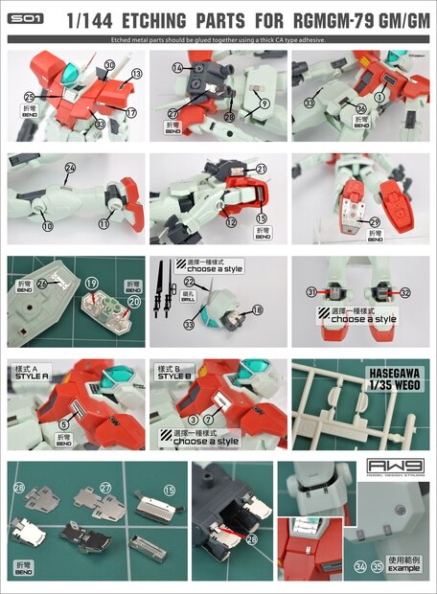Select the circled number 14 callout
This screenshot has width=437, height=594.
pos(177,68)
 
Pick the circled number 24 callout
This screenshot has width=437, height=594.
pos(69,168)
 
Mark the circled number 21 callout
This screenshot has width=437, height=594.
pos(261,169)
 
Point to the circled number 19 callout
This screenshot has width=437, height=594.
pos(91,283)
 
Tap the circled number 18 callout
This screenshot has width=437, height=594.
pos(257,309)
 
